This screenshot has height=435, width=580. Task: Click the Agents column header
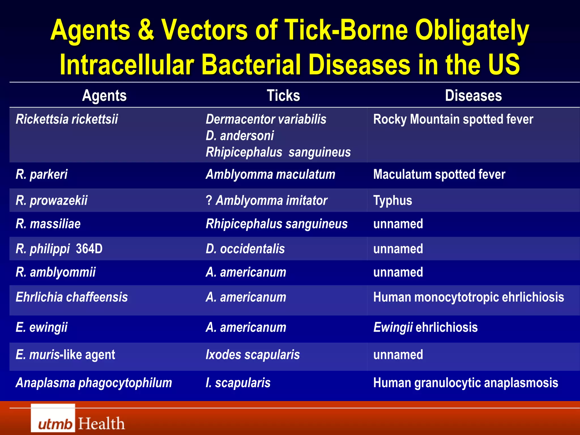(x=104, y=96)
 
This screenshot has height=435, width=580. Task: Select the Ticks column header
(x=283, y=96)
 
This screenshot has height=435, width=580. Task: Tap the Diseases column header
(x=473, y=96)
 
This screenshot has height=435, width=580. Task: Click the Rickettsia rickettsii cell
(x=67, y=119)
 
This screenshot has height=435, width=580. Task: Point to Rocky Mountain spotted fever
(x=453, y=119)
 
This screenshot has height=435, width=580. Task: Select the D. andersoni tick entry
(x=240, y=136)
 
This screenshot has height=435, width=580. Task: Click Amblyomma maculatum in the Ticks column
(x=270, y=174)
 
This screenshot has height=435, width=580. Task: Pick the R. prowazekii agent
(x=52, y=201)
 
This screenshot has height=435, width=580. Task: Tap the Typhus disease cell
(x=393, y=201)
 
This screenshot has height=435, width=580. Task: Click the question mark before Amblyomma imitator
(x=209, y=201)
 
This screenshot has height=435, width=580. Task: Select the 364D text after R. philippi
(x=89, y=249)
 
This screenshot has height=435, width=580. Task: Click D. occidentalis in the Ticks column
(x=245, y=249)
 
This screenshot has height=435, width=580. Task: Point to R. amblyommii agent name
(x=56, y=272)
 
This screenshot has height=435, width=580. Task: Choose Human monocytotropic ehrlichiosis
(x=468, y=297)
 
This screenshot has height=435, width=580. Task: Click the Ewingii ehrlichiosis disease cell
(x=425, y=327)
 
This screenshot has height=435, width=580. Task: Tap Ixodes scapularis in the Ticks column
(x=253, y=355)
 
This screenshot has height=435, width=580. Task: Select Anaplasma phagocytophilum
(x=94, y=383)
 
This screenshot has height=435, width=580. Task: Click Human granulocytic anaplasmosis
(x=466, y=383)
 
